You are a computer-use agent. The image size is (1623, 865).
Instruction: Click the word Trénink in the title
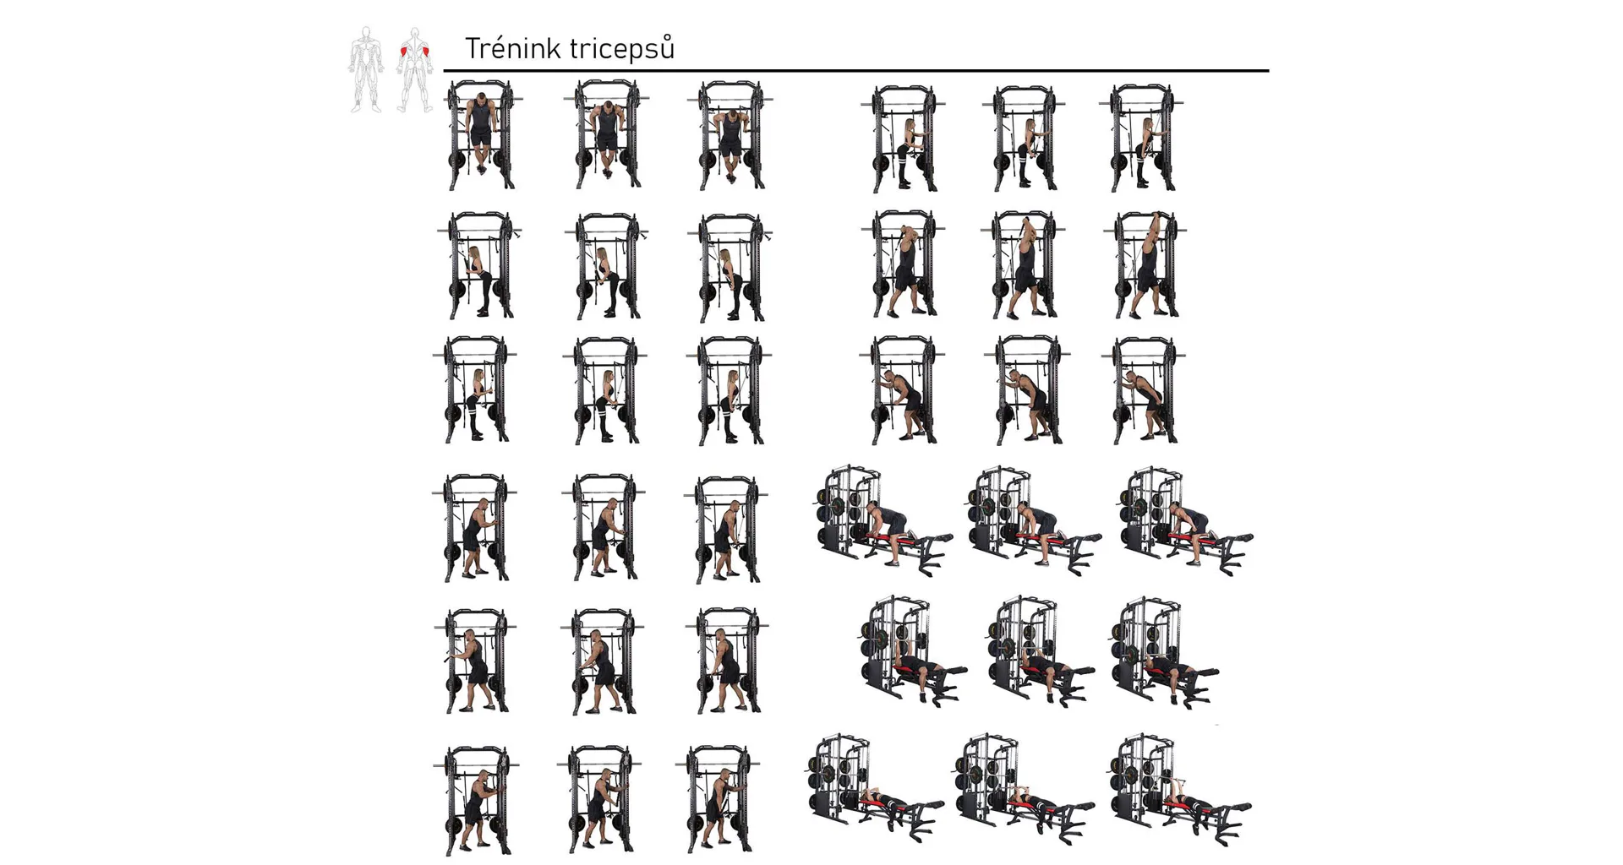point(513,48)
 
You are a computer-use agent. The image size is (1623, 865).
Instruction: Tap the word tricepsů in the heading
point(622,49)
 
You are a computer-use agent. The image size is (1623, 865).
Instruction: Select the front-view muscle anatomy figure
point(366,69)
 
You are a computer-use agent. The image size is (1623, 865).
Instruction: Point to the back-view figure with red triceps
point(415,69)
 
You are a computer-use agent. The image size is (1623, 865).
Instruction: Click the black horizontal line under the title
point(856,71)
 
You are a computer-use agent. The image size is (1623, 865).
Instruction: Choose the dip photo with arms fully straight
point(480,135)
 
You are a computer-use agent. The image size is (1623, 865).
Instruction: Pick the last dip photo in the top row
point(730,135)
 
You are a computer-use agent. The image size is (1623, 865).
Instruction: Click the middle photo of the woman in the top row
point(1024,139)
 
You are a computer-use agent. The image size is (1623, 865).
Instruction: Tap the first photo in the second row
point(479,265)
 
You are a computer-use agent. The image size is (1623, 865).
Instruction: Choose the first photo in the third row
point(475,389)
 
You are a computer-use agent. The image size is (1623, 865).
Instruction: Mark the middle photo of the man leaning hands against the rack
point(1027,390)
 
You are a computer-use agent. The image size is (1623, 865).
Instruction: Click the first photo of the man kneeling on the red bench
point(884,520)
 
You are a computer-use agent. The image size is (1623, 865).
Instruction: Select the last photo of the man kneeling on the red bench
point(1185,520)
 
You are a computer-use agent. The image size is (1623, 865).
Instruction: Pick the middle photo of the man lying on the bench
point(1041,651)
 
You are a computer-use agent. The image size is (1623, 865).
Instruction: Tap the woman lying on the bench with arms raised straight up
point(1181,789)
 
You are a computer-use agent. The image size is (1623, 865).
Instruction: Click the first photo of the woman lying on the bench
point(874,789)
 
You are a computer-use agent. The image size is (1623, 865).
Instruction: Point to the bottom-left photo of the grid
point(476,801)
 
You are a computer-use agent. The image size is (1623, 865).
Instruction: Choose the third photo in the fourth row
point(726,529)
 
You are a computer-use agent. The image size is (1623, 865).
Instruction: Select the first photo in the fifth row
point(476,661)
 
